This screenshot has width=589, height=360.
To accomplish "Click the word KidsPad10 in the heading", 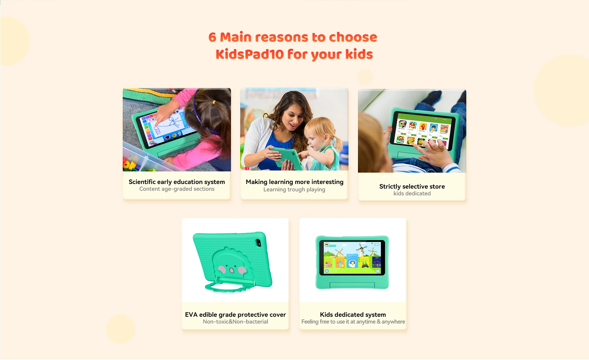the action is coord(249,54).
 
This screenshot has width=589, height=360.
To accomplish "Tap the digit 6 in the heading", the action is coord(212,37).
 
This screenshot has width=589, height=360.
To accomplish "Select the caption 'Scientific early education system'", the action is coord(177,182).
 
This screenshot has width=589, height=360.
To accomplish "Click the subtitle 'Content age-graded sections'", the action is coord(177,189).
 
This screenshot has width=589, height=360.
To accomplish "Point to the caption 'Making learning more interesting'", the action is coord(294,182).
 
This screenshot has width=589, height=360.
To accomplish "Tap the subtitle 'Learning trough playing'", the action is coord(294,190).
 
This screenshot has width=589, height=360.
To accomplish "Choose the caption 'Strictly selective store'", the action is coord(412,186).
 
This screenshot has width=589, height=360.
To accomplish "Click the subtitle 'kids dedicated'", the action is coord(412,193).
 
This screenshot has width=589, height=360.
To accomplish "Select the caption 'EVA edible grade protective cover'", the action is coord(235,315).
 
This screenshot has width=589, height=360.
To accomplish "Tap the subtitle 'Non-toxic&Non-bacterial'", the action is coord(235,322).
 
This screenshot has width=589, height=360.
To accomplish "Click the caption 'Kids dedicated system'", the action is coord(353,315).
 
